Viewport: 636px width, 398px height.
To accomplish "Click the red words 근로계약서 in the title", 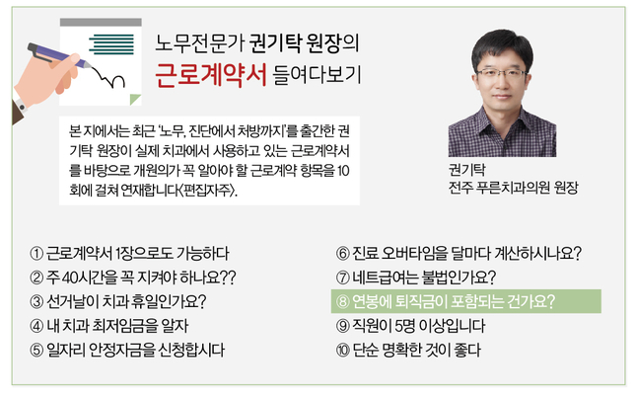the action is [x=211, y=75].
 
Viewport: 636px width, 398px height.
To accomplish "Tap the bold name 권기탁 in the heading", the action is [x=273, y=43].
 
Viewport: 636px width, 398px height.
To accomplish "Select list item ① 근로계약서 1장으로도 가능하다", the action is [x=129, y=254].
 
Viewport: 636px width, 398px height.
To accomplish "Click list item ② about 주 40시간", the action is [x=133, y=278].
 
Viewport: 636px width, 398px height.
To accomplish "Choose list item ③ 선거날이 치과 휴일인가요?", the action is [x=118, y=302].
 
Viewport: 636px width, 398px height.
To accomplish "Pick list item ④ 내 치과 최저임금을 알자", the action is [x=109, y=326].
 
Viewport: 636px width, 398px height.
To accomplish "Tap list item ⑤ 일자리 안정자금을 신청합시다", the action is [x=127, y=350].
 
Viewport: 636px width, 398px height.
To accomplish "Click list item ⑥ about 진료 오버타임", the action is [x=459, y=254].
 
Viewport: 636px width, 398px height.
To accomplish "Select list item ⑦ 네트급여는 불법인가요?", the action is [x=416, y=278].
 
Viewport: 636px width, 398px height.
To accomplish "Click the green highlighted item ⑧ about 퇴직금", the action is [x=466, y=301].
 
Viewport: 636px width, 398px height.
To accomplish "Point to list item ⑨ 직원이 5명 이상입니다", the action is [x=410, y=326].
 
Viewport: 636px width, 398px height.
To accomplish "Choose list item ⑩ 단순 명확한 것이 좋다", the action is [x=408, y=350].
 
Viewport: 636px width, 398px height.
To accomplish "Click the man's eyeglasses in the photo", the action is [x=502, y=74].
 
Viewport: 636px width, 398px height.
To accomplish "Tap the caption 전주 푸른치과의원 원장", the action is [x=513, y=188].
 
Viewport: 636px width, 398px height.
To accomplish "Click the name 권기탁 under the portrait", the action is [x=466, y=169].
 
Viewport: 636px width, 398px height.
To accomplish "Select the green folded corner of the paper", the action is [x=135, y=100].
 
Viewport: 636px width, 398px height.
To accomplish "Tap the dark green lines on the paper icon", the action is [x=111, y=44].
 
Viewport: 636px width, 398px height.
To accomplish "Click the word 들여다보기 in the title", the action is [x=317, y=75].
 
